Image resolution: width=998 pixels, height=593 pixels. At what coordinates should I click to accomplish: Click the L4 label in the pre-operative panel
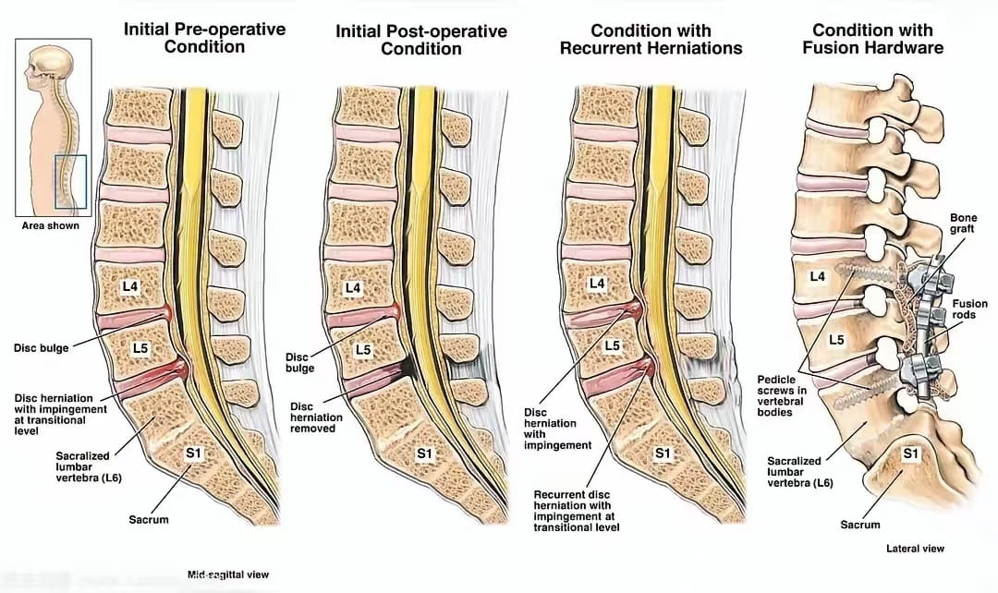tap(130, 286)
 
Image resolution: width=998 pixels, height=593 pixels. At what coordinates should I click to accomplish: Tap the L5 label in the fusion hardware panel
tap(836, 341)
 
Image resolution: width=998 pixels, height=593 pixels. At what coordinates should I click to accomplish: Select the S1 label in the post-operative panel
tap(424, 454)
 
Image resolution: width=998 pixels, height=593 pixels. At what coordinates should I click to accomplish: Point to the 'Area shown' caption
tap(50, 225)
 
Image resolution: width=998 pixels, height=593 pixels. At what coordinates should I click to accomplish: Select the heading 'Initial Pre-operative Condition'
tap(204, 38)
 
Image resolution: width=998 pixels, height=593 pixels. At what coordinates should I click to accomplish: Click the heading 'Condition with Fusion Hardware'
tap(872, 39)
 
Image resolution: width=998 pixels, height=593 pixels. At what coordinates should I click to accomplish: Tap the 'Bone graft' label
tap(963, 223)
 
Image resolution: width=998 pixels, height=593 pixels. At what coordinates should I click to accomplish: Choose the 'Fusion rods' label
tap(969, 309)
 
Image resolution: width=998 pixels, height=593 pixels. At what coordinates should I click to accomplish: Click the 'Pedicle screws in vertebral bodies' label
tap(782, 395)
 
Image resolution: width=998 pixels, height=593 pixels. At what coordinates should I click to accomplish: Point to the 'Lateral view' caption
tap(915, 549)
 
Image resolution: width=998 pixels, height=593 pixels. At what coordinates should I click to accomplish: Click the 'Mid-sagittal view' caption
tap(228, 575)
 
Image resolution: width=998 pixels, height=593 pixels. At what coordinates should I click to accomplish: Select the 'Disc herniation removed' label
tap(316, 418)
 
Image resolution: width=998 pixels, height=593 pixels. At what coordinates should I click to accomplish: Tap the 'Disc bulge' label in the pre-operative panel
tap(41, 348)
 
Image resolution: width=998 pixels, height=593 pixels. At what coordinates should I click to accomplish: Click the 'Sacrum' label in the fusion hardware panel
tap(860, 525)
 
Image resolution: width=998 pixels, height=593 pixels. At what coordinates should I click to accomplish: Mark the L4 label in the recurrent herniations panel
tap(596, 284)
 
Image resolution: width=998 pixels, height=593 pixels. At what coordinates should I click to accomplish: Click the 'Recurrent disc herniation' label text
tap(576, 511)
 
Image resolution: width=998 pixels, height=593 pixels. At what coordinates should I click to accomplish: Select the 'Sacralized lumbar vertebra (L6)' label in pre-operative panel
tap(89, 466)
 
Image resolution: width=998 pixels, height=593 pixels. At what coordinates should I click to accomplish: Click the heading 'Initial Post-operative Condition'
tap(421, 40)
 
